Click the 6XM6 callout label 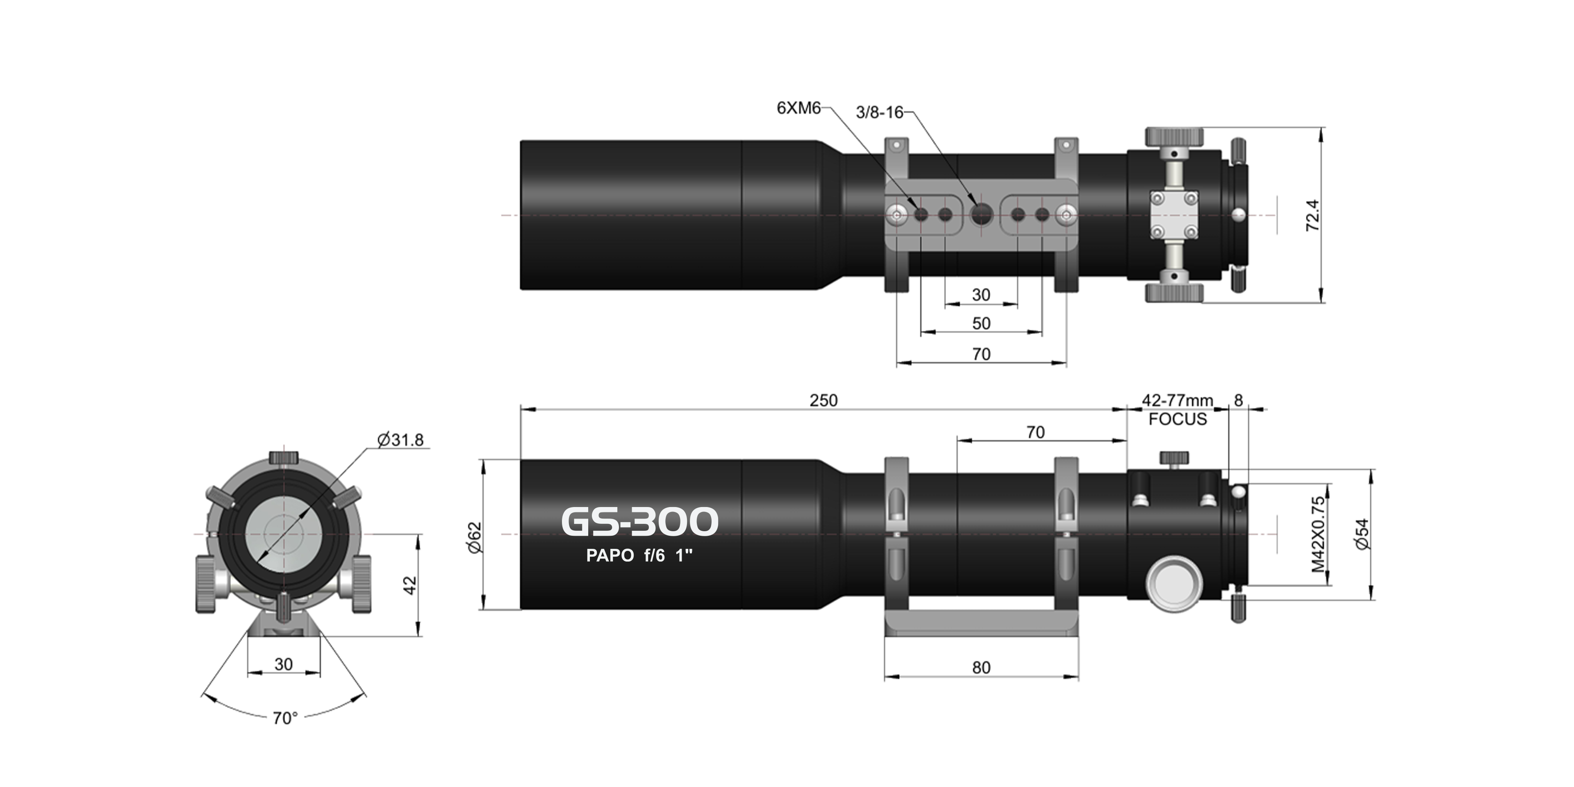pyautogui.click(x=798, y=108)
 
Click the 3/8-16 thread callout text pyautogui.click(x=879, y=112)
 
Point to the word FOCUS pyautogui.click(x=1178, y=419)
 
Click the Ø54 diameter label pyautogui.click(x=1362, y=534)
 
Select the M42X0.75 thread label pyautogui.click(x=1319, y=534)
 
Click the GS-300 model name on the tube pyautogui.click(x=639, y=521)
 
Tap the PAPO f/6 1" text pyautogui.click(x=639, y=555)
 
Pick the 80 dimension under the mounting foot pyautogui.click(x=981, y=667)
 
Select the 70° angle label pyautogui.click(x=285, y=718)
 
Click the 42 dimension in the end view pyautogui.click(x=410, y=585)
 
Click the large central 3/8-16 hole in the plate pyautogui.click(x=981, y=214)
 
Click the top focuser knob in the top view pyautogui.click(x=1173, y=136)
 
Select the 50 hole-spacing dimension pyautogui.click(x=981, y=323)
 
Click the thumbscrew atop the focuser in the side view pyautogui.click(x=1174, y=458)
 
